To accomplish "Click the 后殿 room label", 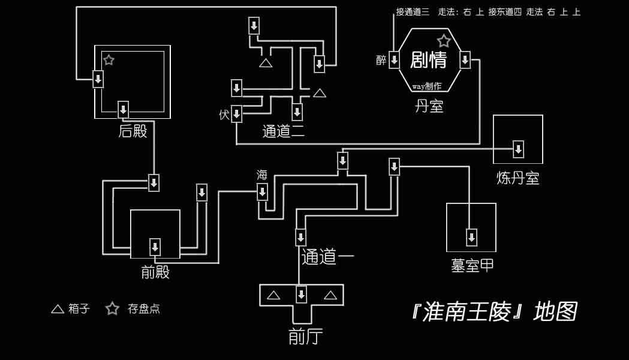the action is point(133,131).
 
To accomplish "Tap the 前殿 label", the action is point(155,272).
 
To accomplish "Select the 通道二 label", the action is point(283,131).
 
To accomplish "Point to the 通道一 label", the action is point(328,257).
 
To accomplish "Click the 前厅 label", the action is point(305,337).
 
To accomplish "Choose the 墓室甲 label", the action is point(472,265).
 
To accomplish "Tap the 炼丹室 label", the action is point(518,178).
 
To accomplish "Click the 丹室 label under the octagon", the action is point(429,106).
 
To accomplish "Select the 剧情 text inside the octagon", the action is point(428,60).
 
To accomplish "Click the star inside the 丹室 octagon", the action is point(444,41).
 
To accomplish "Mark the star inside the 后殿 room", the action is point(109,60).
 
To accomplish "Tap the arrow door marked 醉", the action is point(395,60).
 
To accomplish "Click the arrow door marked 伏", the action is point(237,114).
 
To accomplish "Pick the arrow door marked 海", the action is point(263,192).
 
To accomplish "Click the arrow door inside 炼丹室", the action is point(518,149).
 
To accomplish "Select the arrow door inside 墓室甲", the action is point(472,237).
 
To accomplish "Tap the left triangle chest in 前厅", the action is point(273,295).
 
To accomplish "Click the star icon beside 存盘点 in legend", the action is point(112,308).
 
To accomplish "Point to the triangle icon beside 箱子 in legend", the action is point(58,308).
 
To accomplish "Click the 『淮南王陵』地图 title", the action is point(494,311).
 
